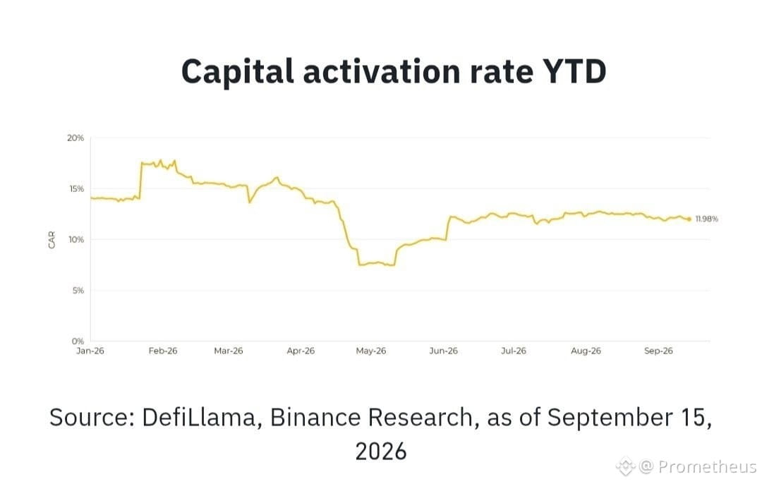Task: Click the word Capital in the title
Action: (x=238, y=71)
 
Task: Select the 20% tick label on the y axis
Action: (x=75, y=138)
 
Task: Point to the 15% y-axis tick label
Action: (x=75, y=188)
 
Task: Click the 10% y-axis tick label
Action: (x=75, y=240)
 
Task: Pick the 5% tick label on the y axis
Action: (x=78, y=291)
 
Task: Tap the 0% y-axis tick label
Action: (x=78, y=341)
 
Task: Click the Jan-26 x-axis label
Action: (x=90, y=351)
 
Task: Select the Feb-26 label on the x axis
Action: (x=163, y=351)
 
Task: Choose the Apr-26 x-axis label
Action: (x=301, y=351)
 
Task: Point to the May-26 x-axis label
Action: (x=371, y=351)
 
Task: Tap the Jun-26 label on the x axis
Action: (x=443, y=351)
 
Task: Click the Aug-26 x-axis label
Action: (x=586, y=351)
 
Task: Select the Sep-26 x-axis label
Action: (x=658, y=351)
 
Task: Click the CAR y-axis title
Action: (x=52, y=240)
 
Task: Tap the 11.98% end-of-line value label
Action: (x=706, y=219)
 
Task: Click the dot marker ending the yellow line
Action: (x=689, y=219)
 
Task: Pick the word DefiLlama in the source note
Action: (x=199, y=418)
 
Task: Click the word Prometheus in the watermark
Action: (x=707, y=466)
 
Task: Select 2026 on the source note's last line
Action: (x=381, y=452)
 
